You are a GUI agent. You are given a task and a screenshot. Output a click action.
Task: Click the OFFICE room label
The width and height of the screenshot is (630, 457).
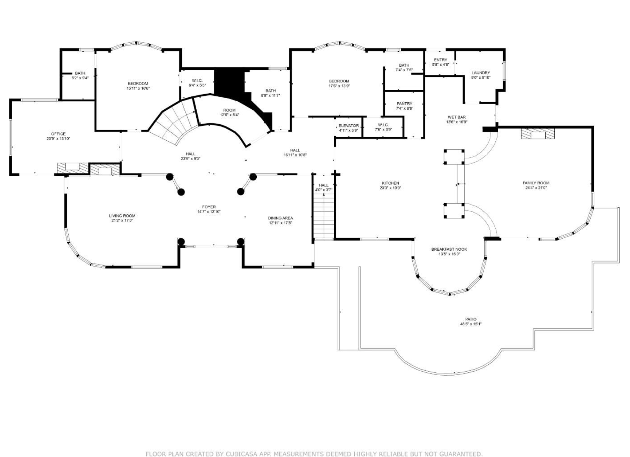coord(58,134)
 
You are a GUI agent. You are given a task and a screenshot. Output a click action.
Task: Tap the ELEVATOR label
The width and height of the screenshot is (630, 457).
coord(349,126)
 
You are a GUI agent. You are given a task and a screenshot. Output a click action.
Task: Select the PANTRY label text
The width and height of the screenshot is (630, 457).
coord(405,104)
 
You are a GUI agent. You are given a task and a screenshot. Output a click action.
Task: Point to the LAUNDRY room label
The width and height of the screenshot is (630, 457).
coord(481,73)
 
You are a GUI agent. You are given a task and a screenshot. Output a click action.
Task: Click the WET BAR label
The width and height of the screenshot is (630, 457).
coord(457,117)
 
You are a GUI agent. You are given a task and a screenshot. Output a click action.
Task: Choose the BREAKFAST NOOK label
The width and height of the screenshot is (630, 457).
coord(449,249)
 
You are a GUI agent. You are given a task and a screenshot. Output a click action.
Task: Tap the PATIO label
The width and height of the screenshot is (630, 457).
coord(471,319)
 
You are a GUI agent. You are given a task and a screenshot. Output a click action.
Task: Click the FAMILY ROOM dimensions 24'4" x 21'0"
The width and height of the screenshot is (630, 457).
coord(536,188)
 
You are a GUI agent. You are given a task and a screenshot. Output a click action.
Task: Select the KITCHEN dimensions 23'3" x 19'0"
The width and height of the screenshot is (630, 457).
coord(390,188)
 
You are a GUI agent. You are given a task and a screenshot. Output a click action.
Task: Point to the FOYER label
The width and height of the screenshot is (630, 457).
coord(209,207)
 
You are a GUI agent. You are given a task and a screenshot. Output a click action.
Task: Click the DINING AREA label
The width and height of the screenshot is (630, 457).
coord(280,218)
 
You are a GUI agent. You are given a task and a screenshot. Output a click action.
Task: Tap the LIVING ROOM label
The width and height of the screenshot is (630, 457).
coord(122,216)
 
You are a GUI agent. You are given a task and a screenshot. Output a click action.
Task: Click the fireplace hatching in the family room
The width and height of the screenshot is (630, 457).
coord(537,134)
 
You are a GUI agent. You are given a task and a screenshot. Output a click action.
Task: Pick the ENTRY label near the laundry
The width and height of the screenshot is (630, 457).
coord(441,60)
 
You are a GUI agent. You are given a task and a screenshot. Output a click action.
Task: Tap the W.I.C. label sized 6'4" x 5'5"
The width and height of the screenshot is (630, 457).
coord(197,81)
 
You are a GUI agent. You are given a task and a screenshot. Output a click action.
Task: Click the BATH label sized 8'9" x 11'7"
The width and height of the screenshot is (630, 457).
coord(271,91)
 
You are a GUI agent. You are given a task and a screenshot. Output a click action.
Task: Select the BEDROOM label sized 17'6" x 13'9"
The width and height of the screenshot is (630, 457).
coord(339,81)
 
